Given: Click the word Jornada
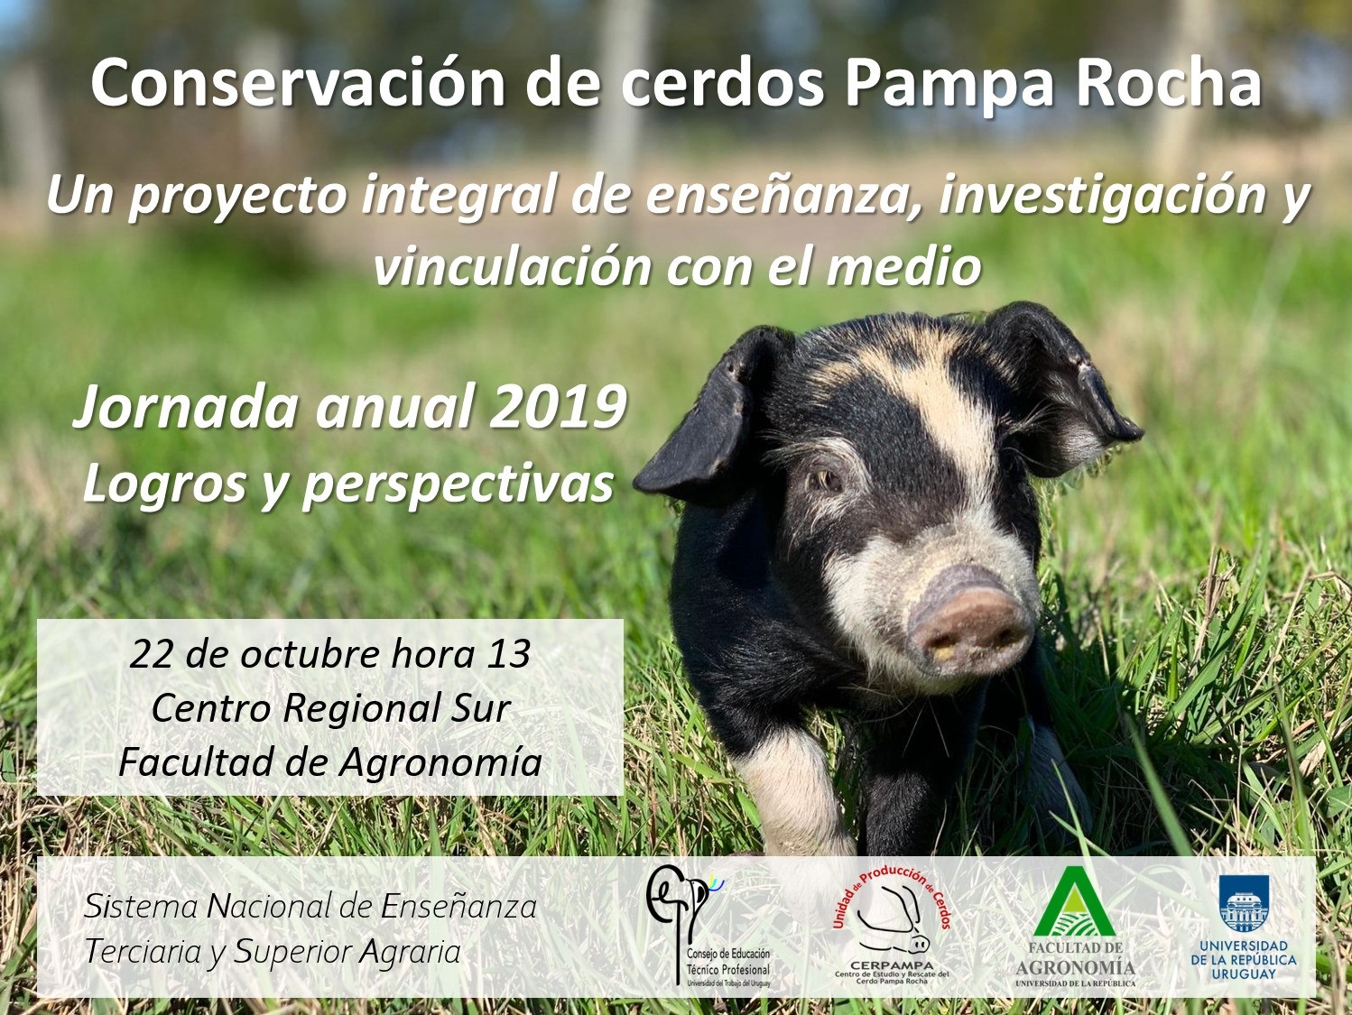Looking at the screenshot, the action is coord(185,408).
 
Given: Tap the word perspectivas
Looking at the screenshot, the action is coord(458,485).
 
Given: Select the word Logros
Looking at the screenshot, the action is coord(164,485).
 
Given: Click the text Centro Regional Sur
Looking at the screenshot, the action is coord(330,708).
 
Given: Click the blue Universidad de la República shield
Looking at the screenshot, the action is coord(1244,905).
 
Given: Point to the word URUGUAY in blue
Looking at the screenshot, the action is coord(1244,973).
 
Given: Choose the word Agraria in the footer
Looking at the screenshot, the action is coord(410,953).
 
